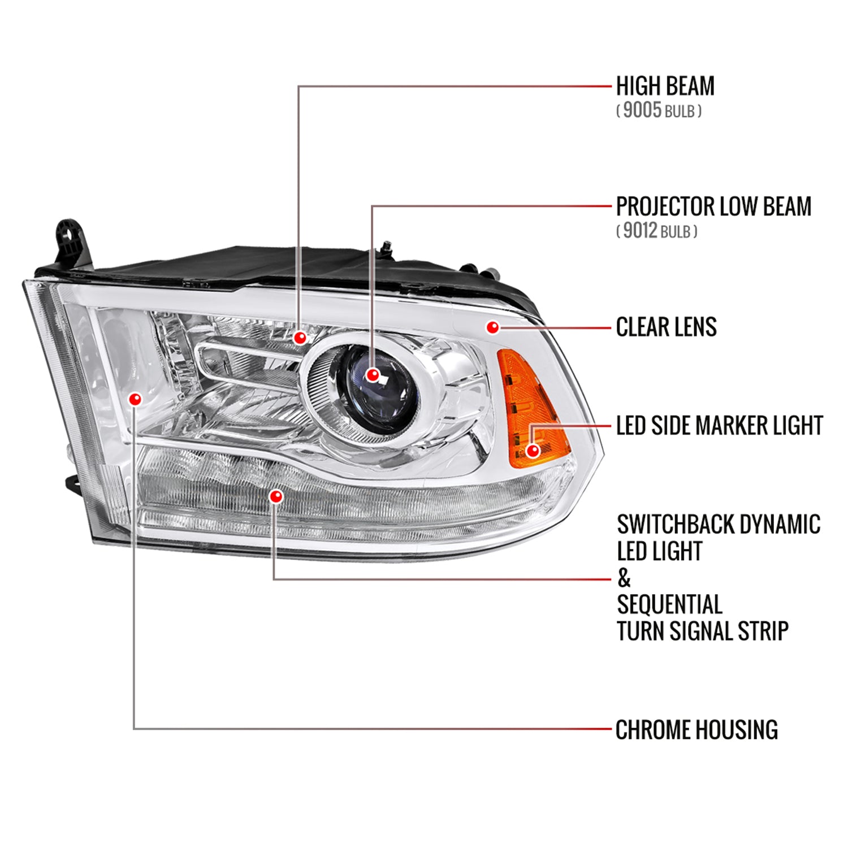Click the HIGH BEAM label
[x=665, y=86]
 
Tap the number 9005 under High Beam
[x=642, y=110]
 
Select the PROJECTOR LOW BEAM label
[x=713, y=207]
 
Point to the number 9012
[x=639, y=231]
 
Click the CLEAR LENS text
[x=666, y=327]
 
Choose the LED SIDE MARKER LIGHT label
[x=719, y=426]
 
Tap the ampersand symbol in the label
[x=624, y=578]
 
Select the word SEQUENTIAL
[x=669, y=604]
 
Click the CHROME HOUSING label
[x=696, y=730]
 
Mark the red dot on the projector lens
[x=372, y=374]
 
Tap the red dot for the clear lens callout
[x=493, y=327]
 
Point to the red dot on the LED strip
[x=276, y=496]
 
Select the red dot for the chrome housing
[x=135, y=399]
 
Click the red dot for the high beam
[x=300, y=338]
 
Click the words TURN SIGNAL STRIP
[x=702, y=631]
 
